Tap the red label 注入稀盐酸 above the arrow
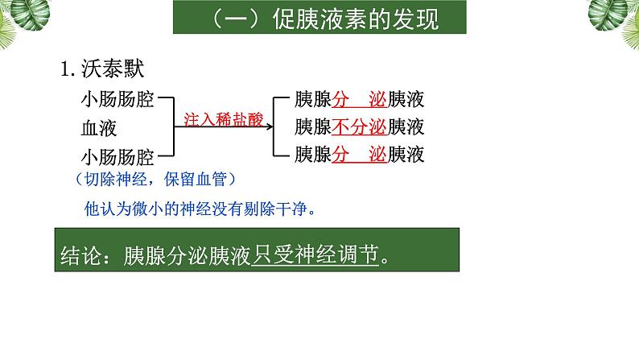223,118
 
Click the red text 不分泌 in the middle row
359,127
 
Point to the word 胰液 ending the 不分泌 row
406,127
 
